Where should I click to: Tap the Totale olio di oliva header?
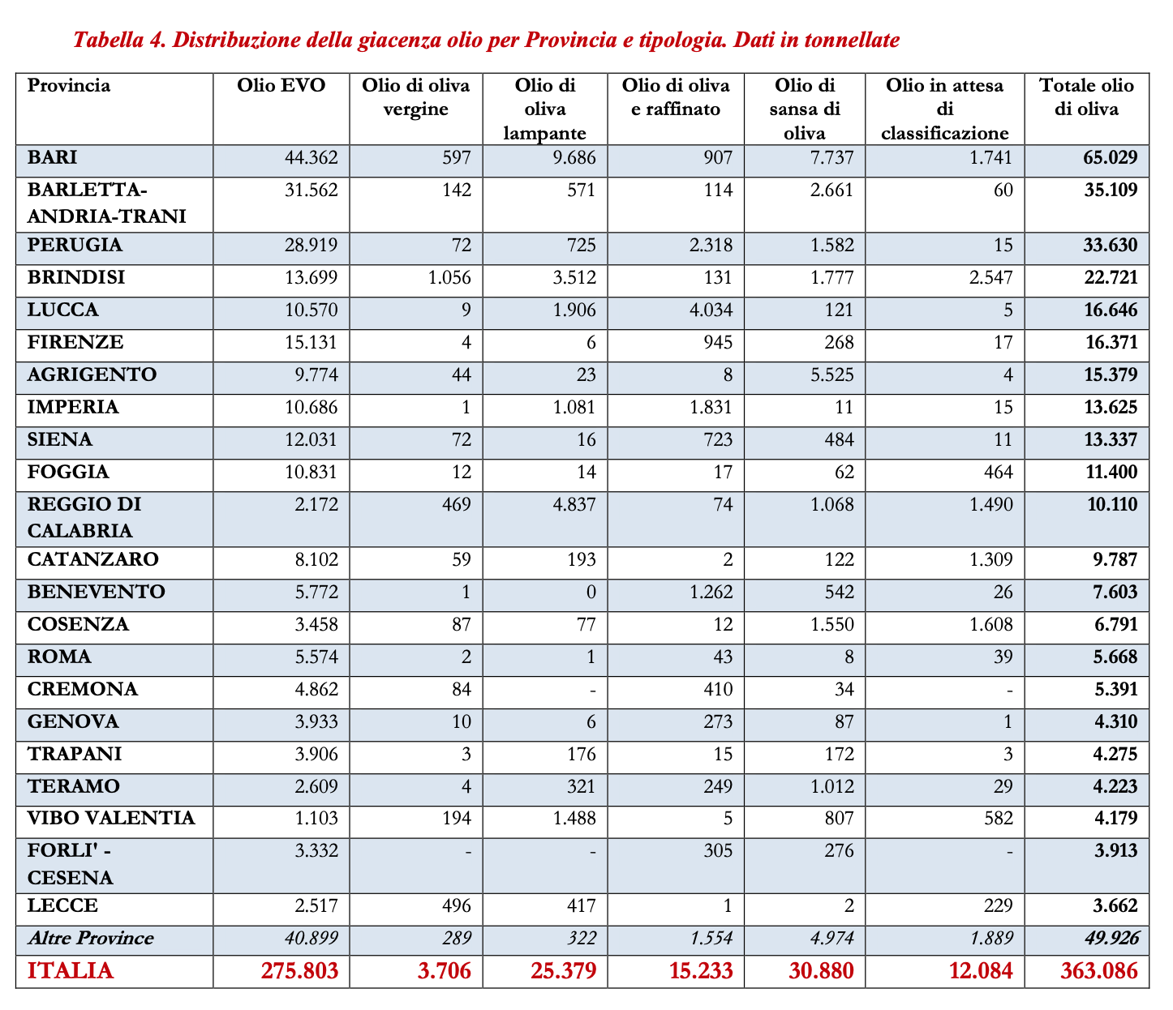pos(1086,97)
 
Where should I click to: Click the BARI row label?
pos(52,157)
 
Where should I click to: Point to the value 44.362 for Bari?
pos(309,158)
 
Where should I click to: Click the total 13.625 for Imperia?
pos(1111,408)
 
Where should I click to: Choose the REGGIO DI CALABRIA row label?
pos(84,517)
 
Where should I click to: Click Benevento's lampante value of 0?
pos(591,593)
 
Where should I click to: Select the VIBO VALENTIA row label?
pos(110,819)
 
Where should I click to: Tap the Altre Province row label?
pos(90,939)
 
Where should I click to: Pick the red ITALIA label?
pos(71,971)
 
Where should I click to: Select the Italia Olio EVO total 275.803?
pos(299,971)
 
